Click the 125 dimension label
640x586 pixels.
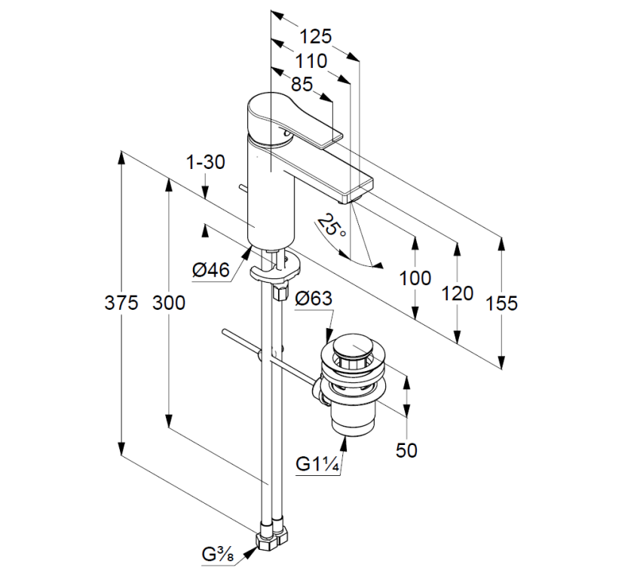[x=315, y=36]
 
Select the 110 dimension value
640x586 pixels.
[x=311, y=61]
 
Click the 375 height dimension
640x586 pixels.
[x=122, y=302]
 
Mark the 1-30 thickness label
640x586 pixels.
[x=205, y=162]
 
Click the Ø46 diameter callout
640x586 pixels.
[x=211, y=269]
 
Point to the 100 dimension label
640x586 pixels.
[x=415, y=278]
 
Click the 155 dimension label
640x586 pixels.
[x=501, y=303]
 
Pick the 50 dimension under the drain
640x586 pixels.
[x=406, y=450]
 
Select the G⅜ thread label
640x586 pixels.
[x=219, y=556]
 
